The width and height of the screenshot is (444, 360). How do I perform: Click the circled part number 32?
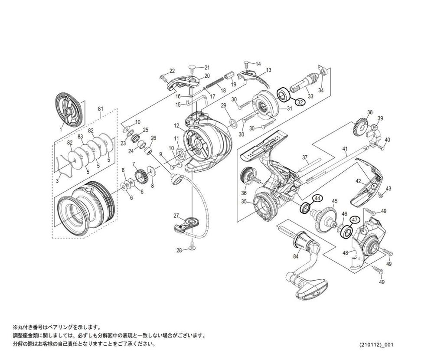point(300,103)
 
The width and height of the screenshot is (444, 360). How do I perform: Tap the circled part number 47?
point(355,220)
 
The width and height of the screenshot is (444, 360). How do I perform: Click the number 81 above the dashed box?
point(100,108)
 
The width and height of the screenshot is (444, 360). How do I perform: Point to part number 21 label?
point(207,68)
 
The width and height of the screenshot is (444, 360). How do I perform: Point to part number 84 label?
point(296,256)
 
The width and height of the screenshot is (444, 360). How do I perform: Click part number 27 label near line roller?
point(176,216)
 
